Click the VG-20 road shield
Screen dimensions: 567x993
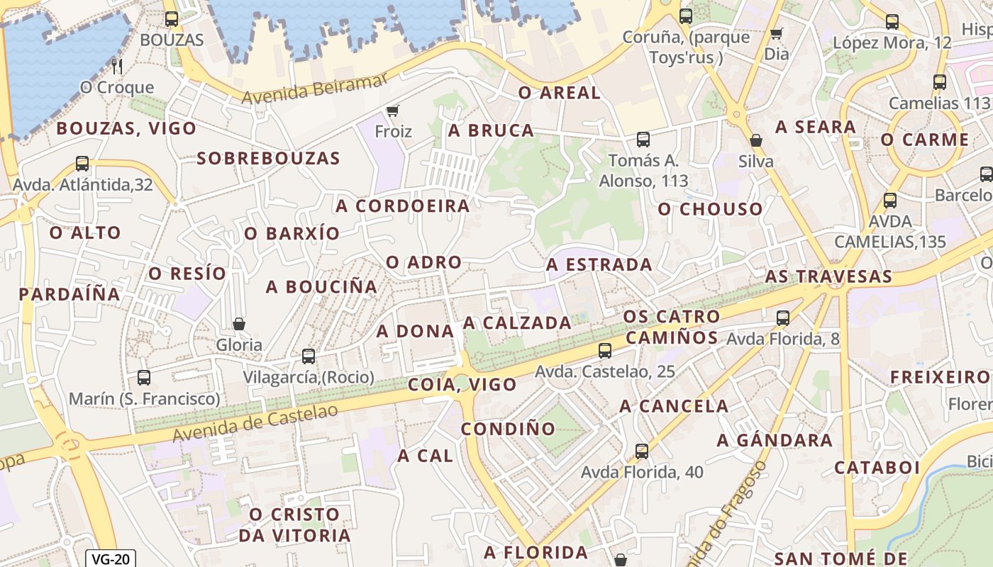coord(110,558)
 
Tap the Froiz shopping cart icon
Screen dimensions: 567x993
coord(393,111)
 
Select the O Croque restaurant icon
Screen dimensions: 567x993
coord(118,67)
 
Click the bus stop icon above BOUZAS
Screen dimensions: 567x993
coord(171,19)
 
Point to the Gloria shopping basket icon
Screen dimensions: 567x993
coord(239,324)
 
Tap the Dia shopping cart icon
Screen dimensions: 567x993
coord(777,33)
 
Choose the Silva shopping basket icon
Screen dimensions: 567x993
coord(756,140)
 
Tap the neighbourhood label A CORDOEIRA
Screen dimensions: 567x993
coord(403,206)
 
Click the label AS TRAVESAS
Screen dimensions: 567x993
coord(828,276)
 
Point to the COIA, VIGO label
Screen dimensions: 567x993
coord(462,385)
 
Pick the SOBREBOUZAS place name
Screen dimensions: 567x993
coord(269,158)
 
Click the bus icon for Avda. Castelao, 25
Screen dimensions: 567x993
coord(605,350)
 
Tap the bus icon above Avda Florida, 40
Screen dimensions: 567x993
coord(642,451)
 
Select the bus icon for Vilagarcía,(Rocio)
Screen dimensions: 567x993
coord(309,357)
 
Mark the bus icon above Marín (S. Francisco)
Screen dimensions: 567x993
coord(144,378)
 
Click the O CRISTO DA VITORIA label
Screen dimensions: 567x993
coord(294,524)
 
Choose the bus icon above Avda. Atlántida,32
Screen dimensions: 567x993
coord(82,164)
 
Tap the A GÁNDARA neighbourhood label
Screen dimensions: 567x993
coord(775,441)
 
